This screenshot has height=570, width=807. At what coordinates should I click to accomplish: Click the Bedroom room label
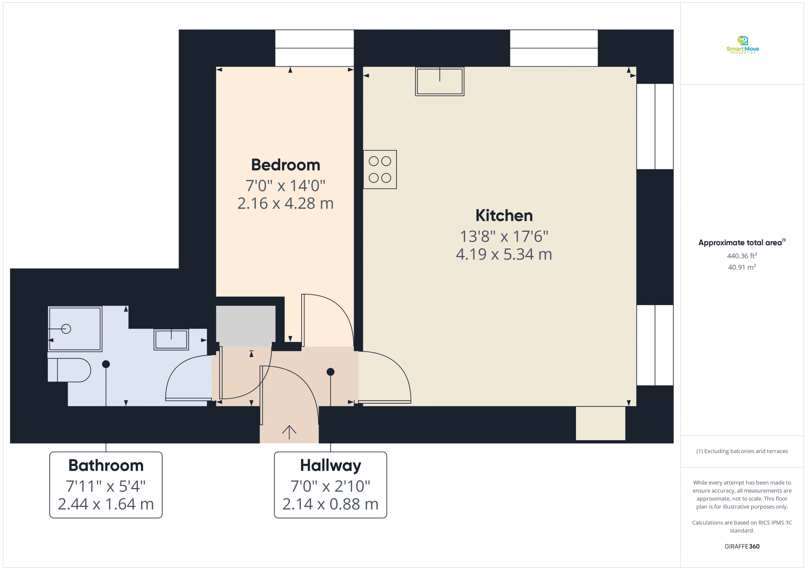pos(285,165)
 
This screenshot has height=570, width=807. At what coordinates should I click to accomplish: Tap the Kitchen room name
pos(504,216)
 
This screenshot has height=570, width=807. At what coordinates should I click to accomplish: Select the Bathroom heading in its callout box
pos(106,466)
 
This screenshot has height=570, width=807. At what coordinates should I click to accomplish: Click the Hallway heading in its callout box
pos(330,466)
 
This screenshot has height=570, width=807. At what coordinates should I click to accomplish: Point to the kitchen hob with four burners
pos(380,170)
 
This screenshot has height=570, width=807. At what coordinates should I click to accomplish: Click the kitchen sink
pos(440,82)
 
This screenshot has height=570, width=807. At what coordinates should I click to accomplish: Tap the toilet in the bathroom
pos(69,370)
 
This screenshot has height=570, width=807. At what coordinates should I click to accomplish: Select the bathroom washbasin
pos(171,339)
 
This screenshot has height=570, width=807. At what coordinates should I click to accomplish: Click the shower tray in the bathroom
pos(75,329)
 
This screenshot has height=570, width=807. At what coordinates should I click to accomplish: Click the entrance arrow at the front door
pos(289,432)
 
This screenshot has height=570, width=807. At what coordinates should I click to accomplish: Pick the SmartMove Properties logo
pos(742,45)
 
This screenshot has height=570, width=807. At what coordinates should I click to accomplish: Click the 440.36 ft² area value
pos(742,256)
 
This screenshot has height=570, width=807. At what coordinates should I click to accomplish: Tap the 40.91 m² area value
pos(742,267)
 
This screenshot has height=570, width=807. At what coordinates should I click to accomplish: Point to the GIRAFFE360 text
pos(742,546)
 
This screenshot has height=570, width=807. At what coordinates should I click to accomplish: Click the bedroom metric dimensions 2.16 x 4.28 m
pos(285,203)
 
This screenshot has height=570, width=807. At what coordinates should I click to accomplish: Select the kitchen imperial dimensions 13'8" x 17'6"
pos(504,236)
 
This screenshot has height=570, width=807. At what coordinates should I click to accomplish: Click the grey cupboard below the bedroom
pos(246,326)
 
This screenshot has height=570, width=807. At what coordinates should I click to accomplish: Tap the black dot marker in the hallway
pos(330,372)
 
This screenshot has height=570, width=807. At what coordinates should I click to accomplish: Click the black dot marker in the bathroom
pos(106,364)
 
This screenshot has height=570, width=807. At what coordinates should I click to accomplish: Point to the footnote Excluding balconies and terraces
pos(742,451)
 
